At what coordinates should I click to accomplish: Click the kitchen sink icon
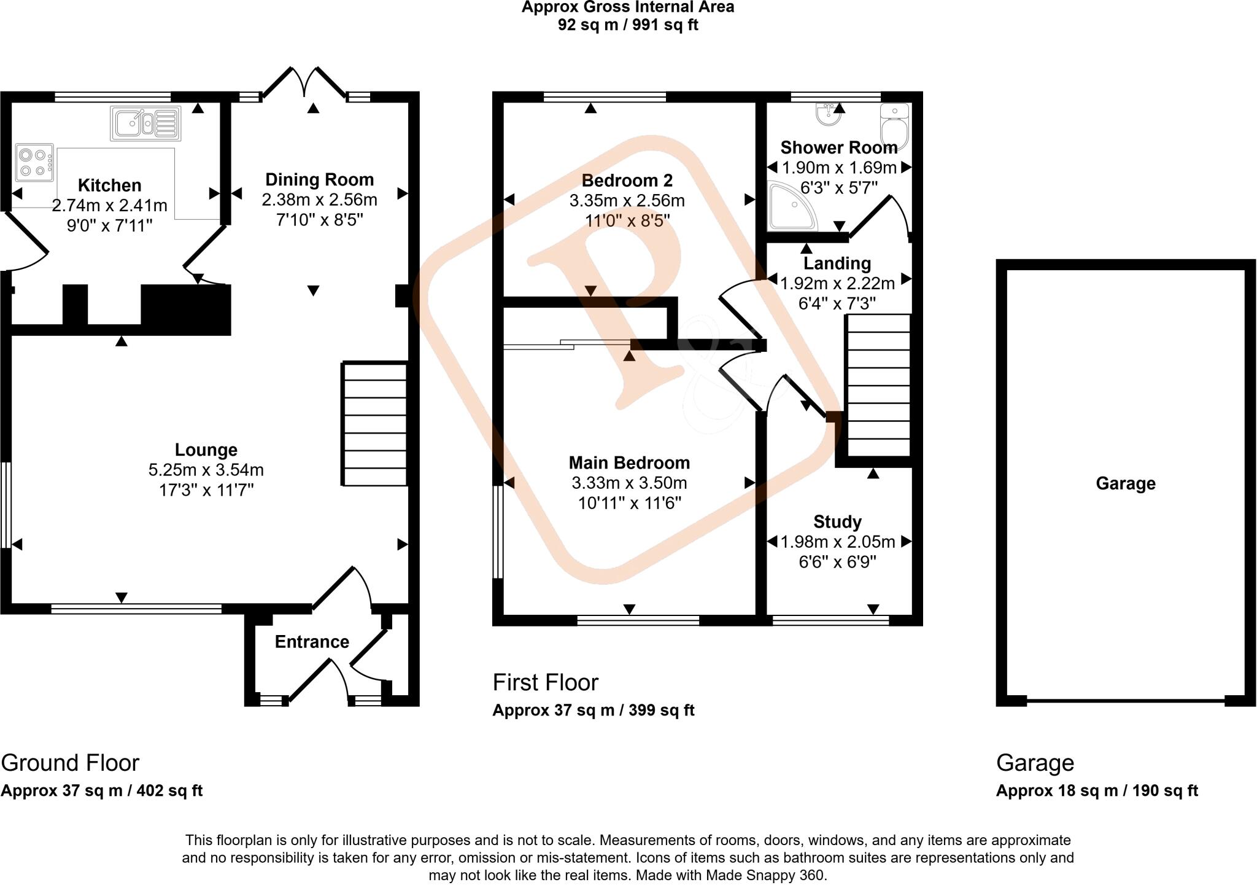click(x=146, y=123)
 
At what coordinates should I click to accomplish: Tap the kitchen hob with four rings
click(x=34, y=163)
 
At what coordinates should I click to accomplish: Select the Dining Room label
click(x=319, y=180)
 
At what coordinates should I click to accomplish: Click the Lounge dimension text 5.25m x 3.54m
click(x=206, y=470)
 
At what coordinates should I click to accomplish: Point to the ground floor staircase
click(x=374, y=424)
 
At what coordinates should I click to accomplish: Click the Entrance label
click(x=312, y=642)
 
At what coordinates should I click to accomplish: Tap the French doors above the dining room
click(x=305, y=83)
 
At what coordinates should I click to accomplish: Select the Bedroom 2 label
click(x=627, y=181)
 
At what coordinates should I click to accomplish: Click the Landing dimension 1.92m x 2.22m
click(x=837, y=284)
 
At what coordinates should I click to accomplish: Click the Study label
click(x=837, y=522)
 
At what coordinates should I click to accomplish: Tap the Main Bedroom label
click(x=629, y=463)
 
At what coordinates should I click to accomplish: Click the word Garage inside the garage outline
click(x=1125, y=484)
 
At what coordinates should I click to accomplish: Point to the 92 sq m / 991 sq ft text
click(x=627, y=25)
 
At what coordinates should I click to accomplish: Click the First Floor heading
click(x=545, y=683)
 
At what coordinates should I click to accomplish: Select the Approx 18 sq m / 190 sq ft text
click(x=1097, y=791)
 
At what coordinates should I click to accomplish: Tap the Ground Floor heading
click(x=70, y=763)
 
